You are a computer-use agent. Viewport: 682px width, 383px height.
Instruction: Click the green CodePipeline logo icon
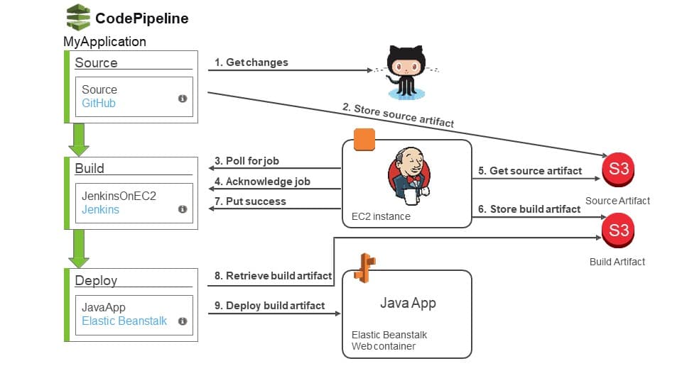77,17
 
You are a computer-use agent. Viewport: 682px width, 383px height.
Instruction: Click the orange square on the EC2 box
364,140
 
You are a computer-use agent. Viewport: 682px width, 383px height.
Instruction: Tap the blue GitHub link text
99,104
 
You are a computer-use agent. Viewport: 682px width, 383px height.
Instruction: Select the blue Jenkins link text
100,210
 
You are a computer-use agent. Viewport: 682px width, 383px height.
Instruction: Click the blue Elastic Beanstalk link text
124,321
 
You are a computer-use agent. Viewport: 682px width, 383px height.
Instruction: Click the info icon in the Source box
183,99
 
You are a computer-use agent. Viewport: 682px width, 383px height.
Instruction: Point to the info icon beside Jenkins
183,209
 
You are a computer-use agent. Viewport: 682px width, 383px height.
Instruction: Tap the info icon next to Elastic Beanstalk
183,321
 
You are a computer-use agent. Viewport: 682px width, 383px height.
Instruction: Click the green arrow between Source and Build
79,140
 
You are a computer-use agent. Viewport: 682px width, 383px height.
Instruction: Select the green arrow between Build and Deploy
79,248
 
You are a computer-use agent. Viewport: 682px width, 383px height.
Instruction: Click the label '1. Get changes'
251,62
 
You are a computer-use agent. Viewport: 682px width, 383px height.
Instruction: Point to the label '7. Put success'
250,201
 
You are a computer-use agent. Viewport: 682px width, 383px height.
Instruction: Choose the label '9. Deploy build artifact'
269,306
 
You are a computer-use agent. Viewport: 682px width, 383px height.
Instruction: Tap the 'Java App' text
408,304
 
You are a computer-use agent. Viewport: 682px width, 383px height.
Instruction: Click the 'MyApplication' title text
104,42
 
